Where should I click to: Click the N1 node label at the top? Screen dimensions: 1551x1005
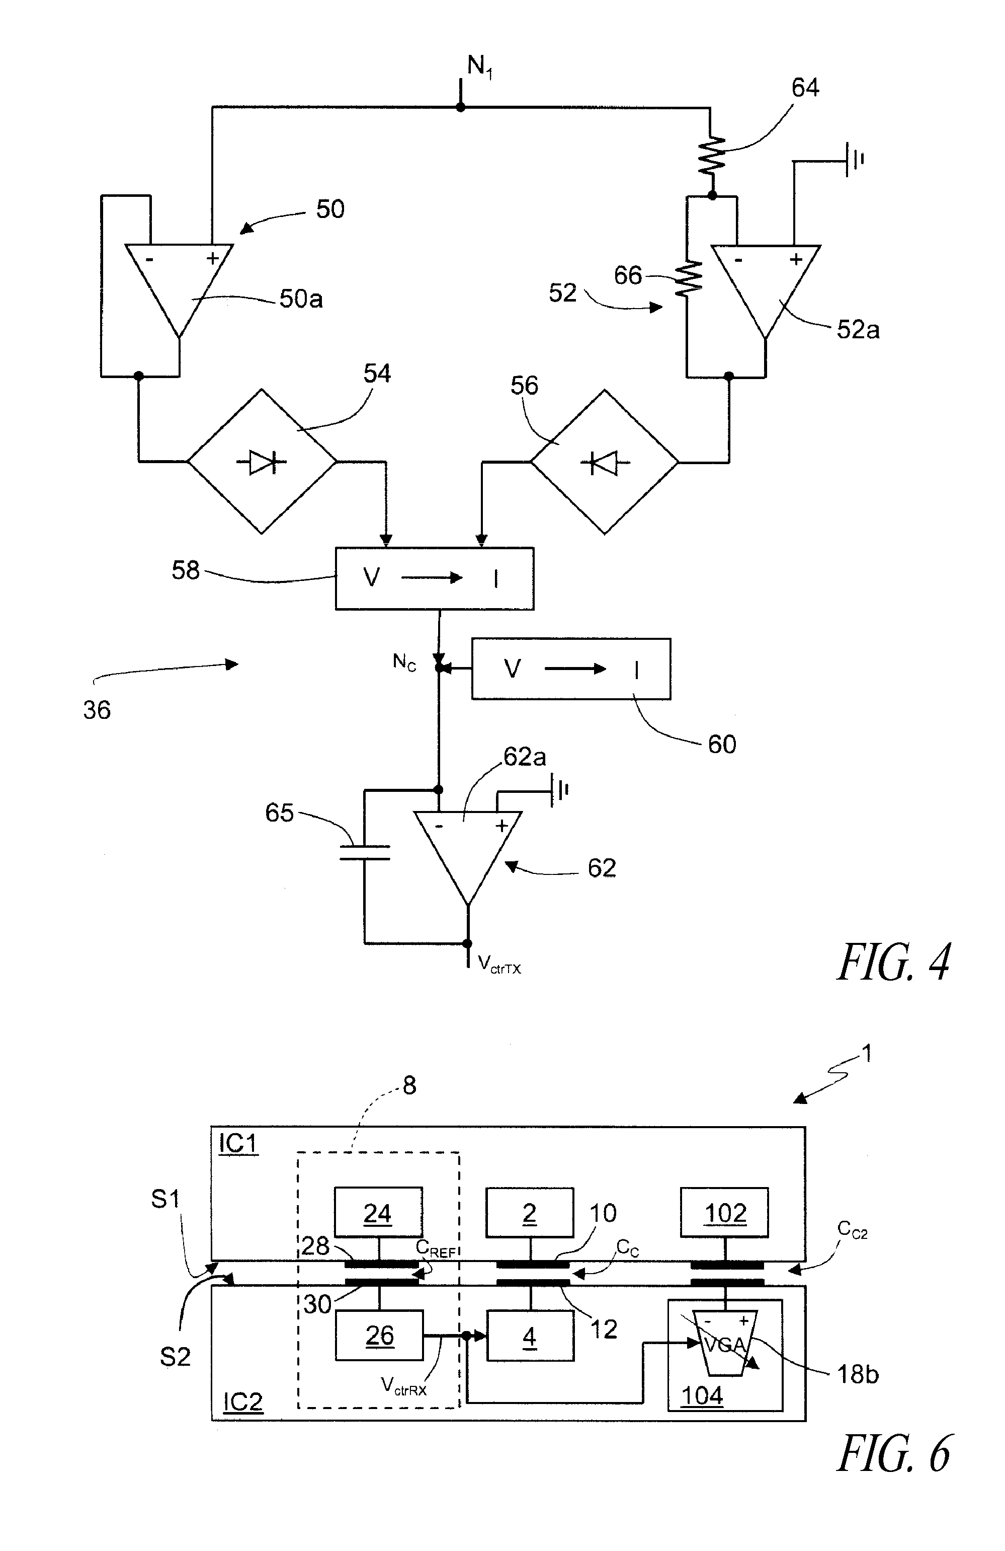(x=479, y=67)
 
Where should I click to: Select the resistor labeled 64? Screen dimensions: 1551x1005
(x=712, y=155)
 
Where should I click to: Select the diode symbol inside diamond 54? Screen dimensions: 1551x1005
(x=263, y=462)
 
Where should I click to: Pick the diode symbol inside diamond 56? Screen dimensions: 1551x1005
(x=605, y=463)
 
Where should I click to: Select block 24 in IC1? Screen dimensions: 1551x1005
(x=378, y=1213)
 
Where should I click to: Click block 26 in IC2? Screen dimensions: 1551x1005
(x=379, y=1336)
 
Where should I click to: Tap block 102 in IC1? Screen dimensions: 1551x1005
(x=724, y=1213)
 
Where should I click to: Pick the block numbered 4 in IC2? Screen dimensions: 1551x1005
(x=530, y=1337)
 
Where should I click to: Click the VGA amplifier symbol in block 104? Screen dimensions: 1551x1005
(x=725, y=1343)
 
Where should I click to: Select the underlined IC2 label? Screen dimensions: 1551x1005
(x=242, y=1401)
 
